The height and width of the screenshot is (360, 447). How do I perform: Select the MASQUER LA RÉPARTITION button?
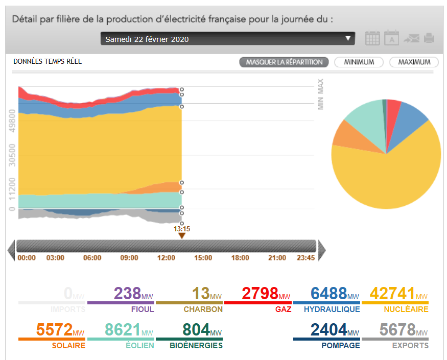284,62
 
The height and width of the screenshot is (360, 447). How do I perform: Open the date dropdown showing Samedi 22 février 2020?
228,39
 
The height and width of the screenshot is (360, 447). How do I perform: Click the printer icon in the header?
429,38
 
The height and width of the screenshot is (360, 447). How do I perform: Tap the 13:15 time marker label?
182,229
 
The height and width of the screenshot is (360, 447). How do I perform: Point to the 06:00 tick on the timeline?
92,258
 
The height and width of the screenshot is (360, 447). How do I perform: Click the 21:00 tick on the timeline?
277,258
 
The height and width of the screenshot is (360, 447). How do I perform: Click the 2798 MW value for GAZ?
260,294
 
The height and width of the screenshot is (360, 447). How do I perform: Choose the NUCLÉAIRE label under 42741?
407,309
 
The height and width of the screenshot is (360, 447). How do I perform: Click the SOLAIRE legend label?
68,346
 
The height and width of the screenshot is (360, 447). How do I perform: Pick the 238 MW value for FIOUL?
127,294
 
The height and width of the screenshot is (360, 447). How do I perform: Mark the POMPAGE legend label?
341,346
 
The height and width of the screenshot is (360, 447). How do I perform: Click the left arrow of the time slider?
11,250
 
